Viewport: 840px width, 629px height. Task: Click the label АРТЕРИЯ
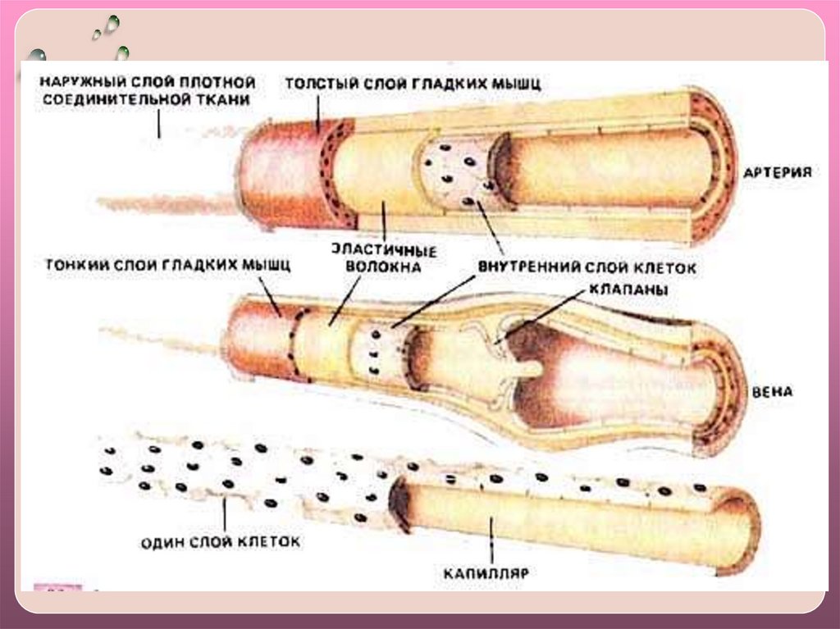coord(777,173)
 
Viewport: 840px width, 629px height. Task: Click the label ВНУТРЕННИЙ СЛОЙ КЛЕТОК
coord(587,268)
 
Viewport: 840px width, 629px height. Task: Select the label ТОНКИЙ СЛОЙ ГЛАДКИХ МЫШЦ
coord(168,266)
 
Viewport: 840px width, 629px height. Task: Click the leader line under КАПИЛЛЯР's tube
coord(491,541)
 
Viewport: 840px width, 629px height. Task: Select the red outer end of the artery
coord(279,172)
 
